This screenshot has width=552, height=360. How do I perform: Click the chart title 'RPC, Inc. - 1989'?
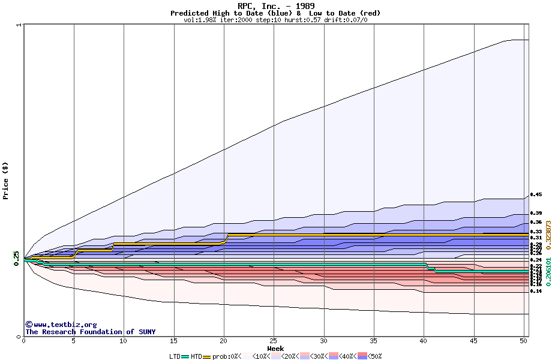tap(275, 6)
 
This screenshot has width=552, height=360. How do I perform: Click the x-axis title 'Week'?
tap(275, 349)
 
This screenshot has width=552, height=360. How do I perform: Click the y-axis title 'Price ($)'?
tap(6, 180)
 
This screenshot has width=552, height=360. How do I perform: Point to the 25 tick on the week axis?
tap(274, 341)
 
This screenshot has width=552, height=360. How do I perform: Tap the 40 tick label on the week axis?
tap(424, 341)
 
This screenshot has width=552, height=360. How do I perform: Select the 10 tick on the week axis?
tap(124, 341)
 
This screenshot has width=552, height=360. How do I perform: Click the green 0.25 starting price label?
tap(16, 259)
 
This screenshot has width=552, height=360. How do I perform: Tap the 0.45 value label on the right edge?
tap(536, 194)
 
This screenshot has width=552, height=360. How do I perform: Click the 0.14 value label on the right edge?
tap(536, 291)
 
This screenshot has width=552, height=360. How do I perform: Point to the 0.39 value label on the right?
tap(536, 213)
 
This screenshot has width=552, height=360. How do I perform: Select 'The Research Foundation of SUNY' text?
tap(90, 332)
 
